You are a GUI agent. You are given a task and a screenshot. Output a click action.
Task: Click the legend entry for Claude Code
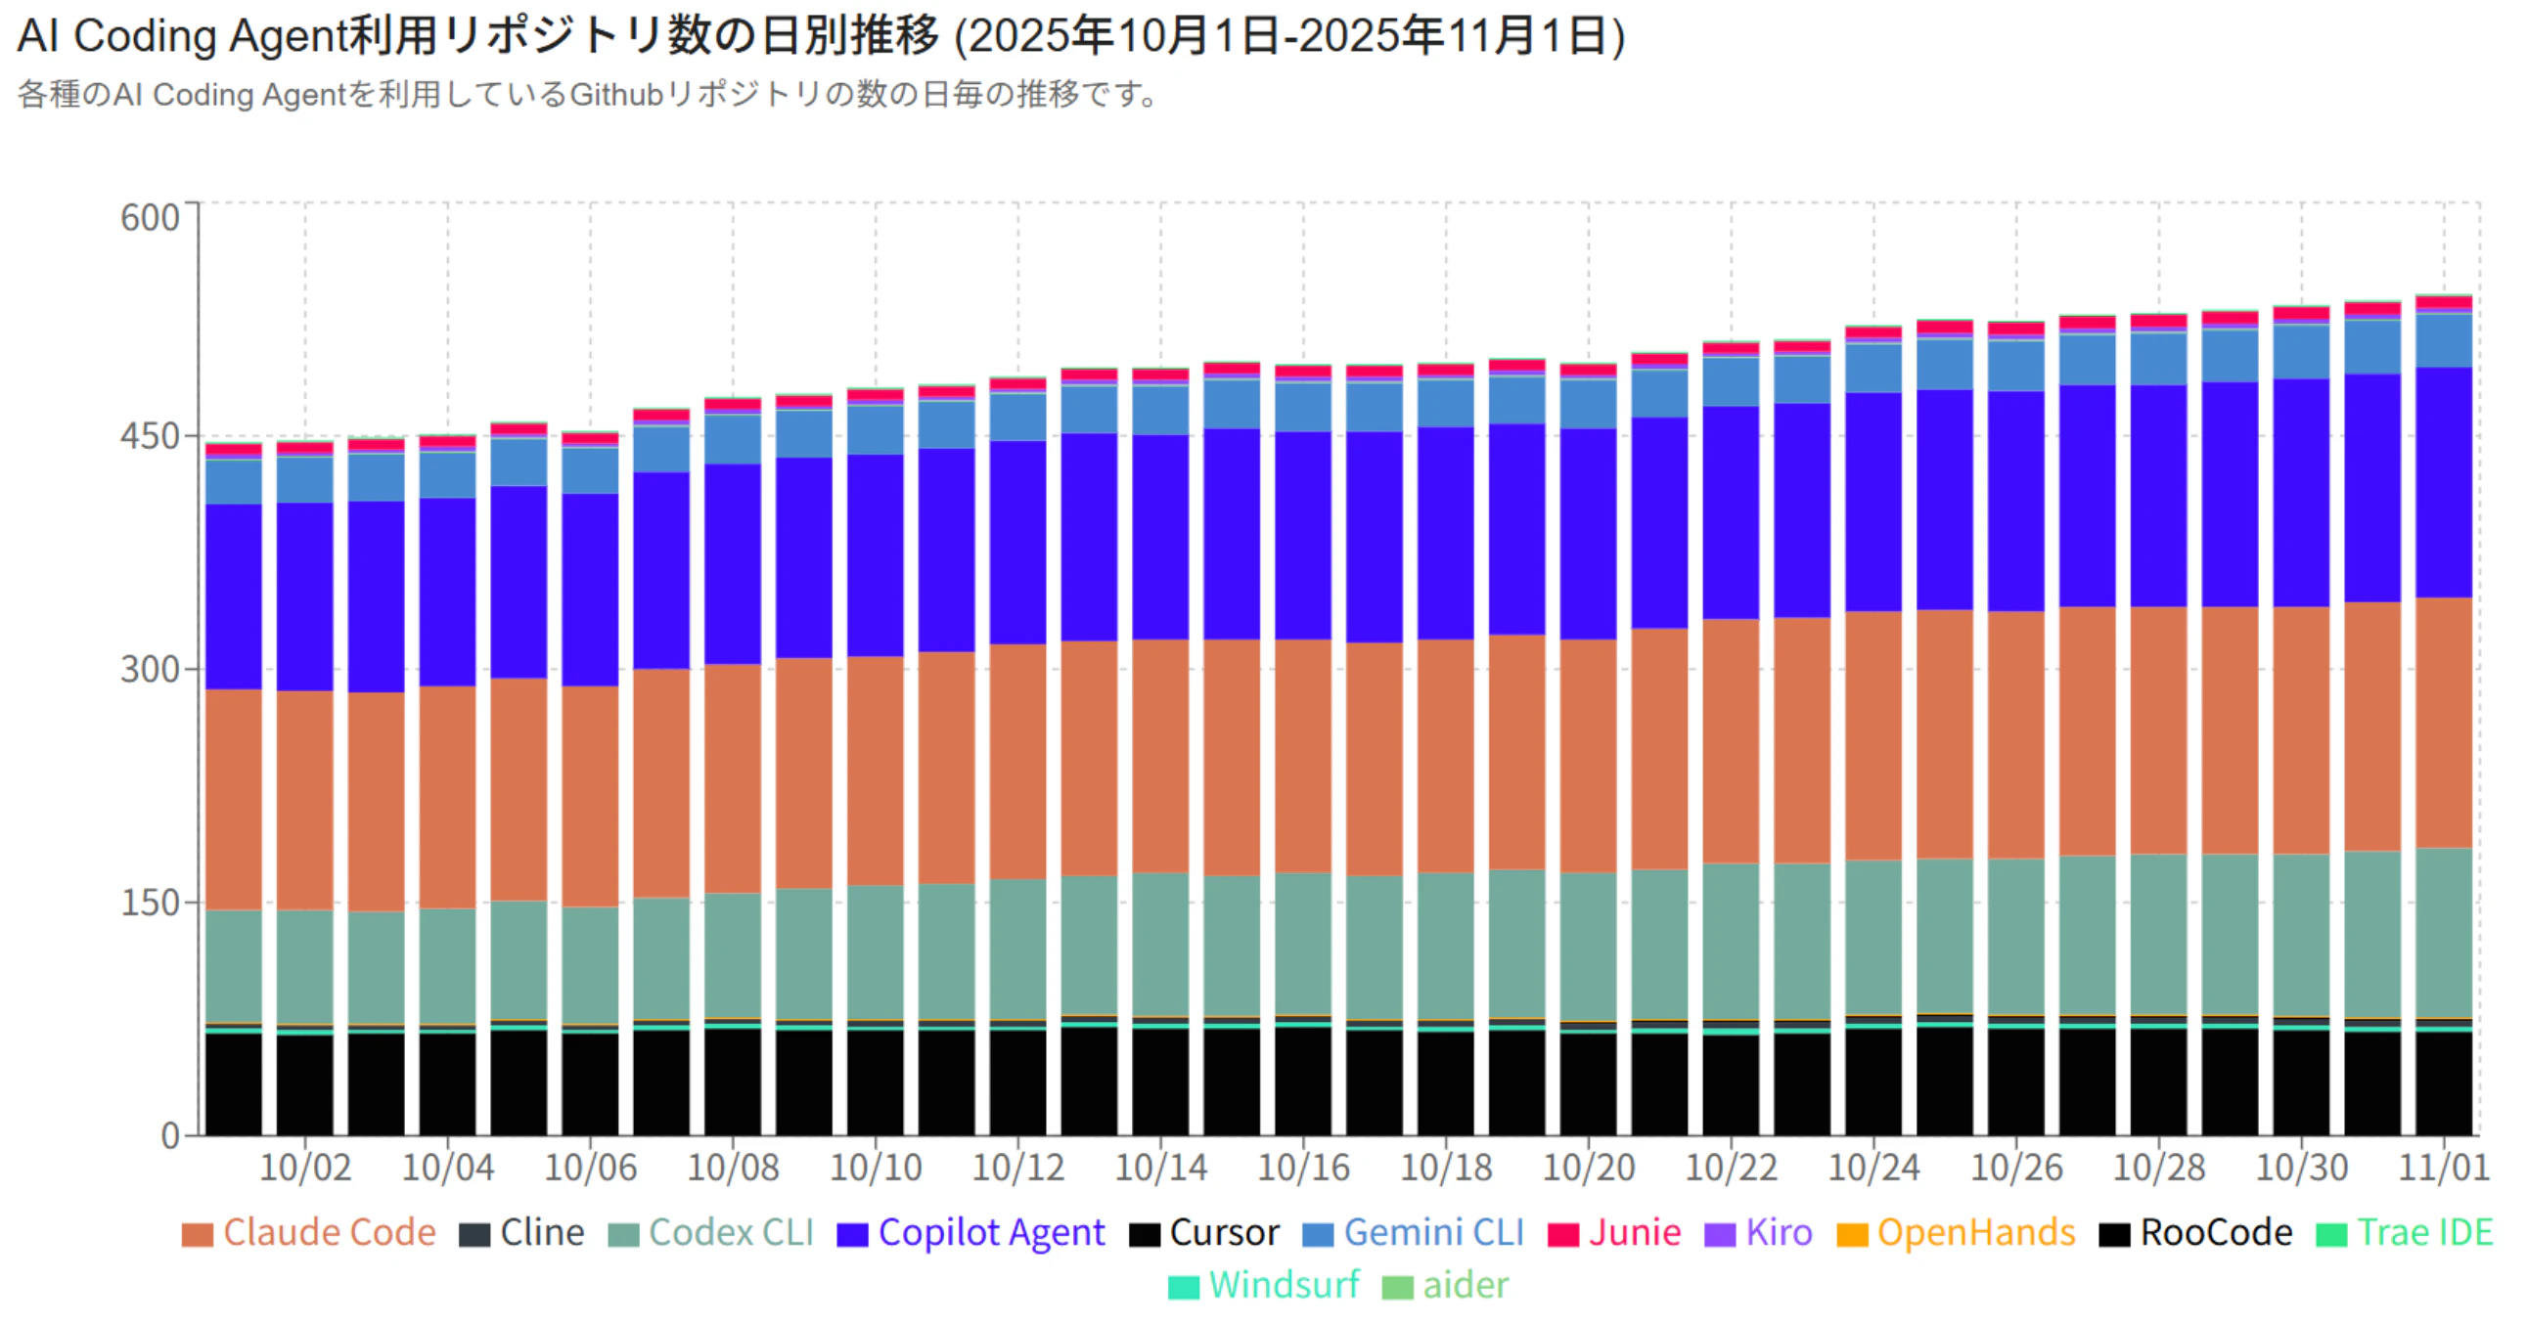point(309,1233)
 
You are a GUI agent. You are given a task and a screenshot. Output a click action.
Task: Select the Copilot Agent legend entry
point(971,1233)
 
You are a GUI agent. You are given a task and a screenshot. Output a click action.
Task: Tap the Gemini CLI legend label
point(1414,1233)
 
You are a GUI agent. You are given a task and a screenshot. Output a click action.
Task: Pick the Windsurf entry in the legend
point(1265,1285)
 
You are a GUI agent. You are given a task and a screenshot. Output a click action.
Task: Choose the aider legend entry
point(1446,1285)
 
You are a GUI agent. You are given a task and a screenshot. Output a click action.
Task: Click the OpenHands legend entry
point(1956,1233)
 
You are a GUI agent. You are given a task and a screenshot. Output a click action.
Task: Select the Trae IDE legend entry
point(2405,1233)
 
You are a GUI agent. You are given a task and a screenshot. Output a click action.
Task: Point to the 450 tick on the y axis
point(150,436)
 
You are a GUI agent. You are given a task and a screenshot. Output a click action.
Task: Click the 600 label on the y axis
point(150,218)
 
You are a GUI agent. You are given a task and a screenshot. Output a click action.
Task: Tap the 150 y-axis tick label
point(150,904)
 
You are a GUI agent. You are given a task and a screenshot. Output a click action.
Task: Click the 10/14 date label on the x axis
point(1160,1169)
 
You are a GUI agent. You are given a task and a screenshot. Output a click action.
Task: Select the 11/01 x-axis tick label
point(2444,1169)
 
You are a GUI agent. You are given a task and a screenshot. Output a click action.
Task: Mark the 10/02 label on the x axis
point(305,1169)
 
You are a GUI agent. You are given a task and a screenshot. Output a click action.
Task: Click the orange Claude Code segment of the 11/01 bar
point(2444,722)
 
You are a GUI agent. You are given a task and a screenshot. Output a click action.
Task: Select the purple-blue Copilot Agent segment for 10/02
point(305,596)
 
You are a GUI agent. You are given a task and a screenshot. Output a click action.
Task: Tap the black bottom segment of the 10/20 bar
point(1588,1083)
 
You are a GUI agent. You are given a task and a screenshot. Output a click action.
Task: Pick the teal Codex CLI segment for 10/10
point(876,951)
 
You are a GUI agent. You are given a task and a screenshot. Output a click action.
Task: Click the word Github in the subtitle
point(617,95)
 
